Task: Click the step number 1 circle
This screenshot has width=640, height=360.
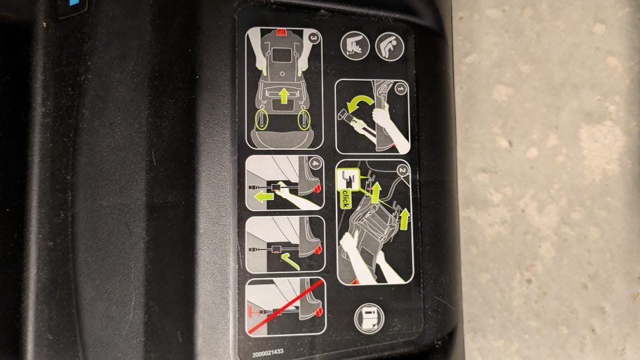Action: (x=401, y=88)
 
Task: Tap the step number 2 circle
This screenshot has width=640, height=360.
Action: (x=403, y=170)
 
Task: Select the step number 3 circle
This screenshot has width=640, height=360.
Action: (x=313, y=38)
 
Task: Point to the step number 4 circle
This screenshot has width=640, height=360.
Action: (x=315, y=163)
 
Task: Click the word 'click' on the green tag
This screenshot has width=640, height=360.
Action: (x=345, y=198)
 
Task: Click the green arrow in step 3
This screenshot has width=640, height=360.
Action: (x=284, y=96)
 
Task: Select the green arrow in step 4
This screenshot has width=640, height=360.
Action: (x=264, y=197)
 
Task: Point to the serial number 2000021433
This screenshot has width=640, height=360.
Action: (x=268, y=353)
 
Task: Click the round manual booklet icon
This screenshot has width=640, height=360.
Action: (x=369, y=319)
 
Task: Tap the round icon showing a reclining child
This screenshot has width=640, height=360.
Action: (x=390, y=47)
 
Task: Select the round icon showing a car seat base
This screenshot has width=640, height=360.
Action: (x=355, y=46)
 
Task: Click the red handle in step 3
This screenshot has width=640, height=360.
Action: (x=281, y=32)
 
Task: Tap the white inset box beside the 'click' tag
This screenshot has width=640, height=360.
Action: (x=348, y=179)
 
